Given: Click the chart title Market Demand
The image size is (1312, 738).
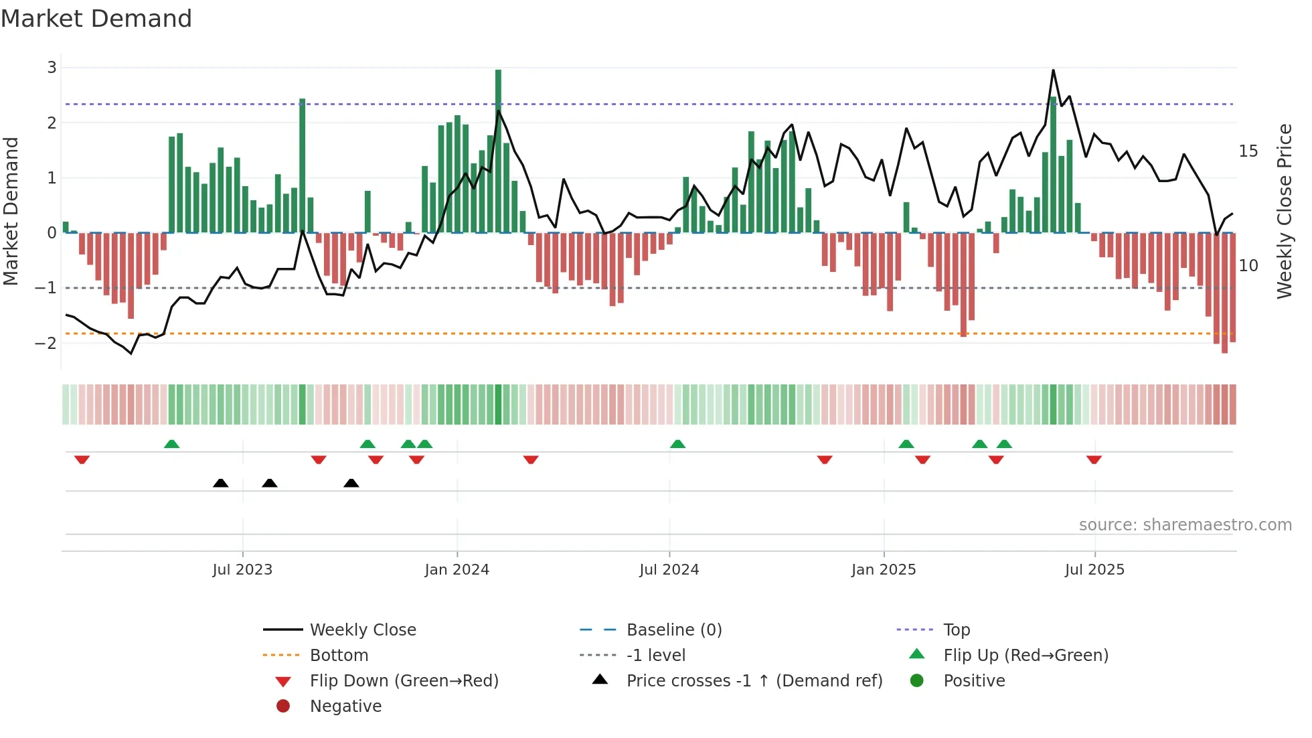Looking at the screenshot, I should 96,19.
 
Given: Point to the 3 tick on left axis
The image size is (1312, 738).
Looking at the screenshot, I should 52,68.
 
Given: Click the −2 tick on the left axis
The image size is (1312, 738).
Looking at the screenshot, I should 46,344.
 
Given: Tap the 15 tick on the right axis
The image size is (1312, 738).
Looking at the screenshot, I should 1248,151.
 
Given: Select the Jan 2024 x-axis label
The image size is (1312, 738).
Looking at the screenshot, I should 457,570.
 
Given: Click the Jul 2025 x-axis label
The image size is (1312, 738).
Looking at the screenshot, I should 1094,570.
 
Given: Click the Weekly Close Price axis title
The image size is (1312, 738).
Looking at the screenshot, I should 1284,211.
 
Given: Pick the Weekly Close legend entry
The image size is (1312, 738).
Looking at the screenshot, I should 362,630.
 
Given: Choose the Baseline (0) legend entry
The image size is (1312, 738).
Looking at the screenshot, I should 673,630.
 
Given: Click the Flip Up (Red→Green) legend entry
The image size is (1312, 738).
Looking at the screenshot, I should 1026,656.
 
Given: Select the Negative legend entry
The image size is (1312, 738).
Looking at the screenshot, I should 345,707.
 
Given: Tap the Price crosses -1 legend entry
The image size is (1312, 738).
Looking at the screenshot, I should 754,681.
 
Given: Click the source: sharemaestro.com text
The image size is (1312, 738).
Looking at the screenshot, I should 1185,525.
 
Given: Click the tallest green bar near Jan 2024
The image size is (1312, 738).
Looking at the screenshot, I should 498,151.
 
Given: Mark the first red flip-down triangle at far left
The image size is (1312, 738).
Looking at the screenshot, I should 82,459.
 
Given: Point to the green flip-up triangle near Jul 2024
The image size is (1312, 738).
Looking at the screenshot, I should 677,444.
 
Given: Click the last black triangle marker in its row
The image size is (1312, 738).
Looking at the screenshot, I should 351,483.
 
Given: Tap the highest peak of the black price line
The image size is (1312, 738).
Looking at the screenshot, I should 1053,70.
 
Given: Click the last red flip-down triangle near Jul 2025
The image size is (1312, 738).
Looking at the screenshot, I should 1094,459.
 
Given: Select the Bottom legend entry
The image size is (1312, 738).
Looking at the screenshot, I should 339,656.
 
